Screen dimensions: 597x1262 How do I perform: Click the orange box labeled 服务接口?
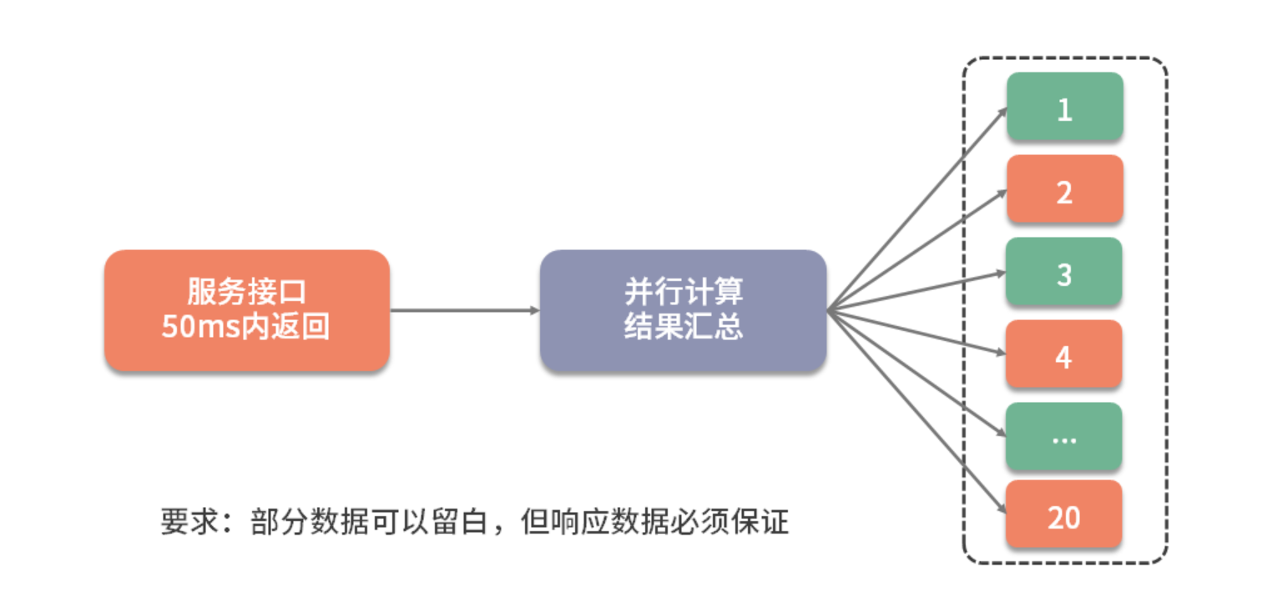coord(246,309)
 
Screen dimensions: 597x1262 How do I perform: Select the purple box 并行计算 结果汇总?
coord(683,309)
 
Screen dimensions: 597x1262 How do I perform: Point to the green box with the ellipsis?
coord(1064,436)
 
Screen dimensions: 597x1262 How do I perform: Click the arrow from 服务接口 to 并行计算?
coord(464,311)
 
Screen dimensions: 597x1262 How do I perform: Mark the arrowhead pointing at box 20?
coord(1003,509)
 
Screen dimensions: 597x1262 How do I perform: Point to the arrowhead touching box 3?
coord(1002,273)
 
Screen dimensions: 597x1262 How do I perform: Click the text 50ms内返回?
coord(246,326)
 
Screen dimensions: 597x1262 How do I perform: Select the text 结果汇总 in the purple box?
coord(683,327)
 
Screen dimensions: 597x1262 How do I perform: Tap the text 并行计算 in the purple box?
coord(683,293)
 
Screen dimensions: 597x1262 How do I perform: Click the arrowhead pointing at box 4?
coord(1002,353)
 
